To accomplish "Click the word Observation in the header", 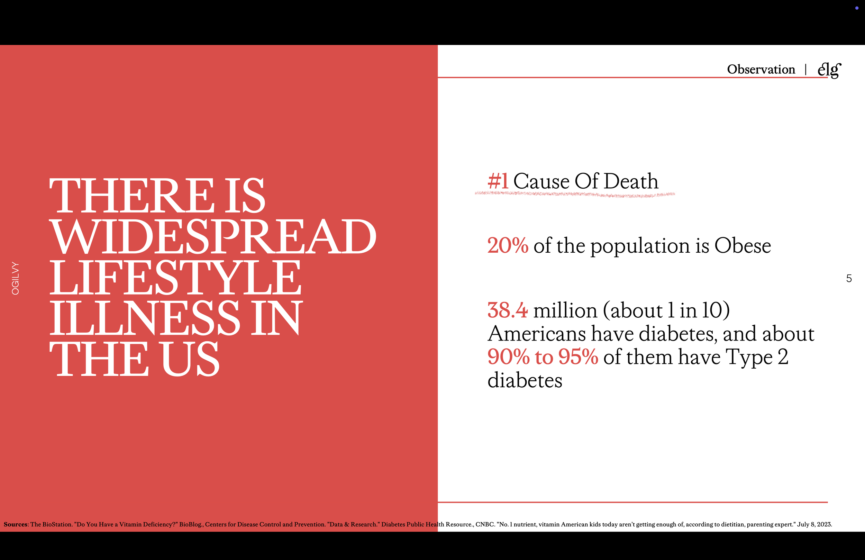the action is click(x=761, y=69).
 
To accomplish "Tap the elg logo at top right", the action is click(x=829, y=70).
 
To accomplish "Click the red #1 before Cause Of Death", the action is click(x=498, y=181).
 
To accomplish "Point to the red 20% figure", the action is click(x=508, y=245).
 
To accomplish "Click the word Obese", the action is click(x=743, y=245).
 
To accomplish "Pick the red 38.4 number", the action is click(x=508, y=310).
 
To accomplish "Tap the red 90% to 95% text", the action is click(x=543, y=356).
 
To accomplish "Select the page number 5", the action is click(x=849, y=279).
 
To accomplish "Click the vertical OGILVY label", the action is click(x=15, y=278).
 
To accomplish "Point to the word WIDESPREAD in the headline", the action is click(x=213, y=237).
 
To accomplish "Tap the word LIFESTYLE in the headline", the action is click(x=175, y=278).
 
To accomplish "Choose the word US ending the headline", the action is click(x=190, y=359).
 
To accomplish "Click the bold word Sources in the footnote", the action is click(x=16, y=524).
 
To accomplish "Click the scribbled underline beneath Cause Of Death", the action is click(x=575, y=194).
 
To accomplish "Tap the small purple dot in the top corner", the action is click(x=857, y=8).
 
